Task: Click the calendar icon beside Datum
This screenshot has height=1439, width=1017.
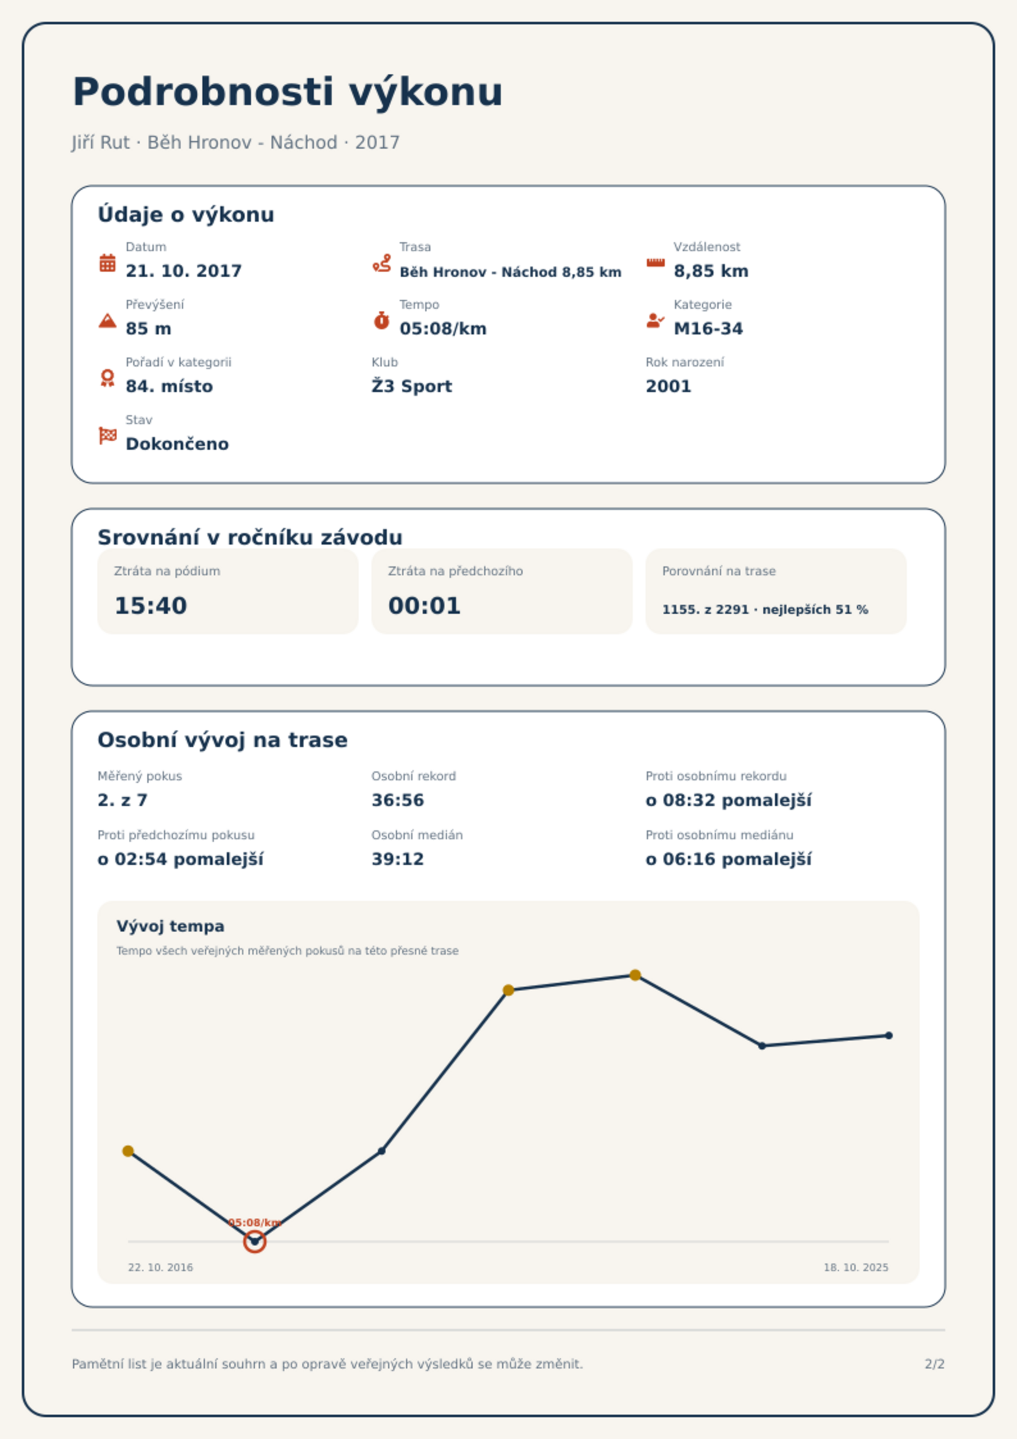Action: click(108, 263)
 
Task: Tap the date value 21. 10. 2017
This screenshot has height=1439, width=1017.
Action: click(184, 271)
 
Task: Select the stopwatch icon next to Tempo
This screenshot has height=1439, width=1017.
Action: click(382, 320)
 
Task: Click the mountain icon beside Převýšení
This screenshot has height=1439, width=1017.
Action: click(108, 320)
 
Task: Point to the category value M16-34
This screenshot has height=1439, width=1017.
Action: click(708, 329)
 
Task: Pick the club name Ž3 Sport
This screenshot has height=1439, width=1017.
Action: click(412, 386)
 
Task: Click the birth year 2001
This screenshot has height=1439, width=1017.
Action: click(669, 386)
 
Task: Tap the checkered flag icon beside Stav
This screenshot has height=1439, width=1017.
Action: click(108, 436)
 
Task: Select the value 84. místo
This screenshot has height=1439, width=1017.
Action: click(169, 386)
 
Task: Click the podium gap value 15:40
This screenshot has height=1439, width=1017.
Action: click(151, 605)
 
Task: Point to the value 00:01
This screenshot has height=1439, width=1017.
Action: click(425, 605)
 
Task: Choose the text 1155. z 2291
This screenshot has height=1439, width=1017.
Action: click(706, 609)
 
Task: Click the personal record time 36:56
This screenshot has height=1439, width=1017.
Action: click(398, 800)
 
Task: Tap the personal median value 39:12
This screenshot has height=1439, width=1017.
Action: click(398, 859)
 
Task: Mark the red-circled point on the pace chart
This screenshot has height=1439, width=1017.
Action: click(255, 1242)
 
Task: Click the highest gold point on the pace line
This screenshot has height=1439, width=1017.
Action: click(635, 975)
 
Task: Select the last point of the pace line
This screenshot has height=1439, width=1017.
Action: click(889, 1035)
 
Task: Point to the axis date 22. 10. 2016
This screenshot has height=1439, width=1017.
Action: click(160, 1267)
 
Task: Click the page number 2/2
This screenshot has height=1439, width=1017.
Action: click(934, 1364)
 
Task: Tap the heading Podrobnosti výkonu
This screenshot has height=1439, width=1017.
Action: click(288, 92)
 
